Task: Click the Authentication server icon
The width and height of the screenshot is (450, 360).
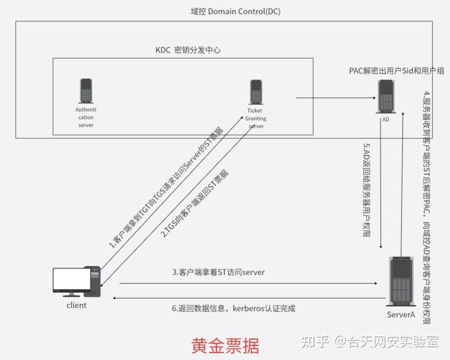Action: coord(86,91)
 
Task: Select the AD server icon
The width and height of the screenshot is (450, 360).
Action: coord(386,97)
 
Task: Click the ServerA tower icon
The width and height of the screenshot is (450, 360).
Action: coord(401,282)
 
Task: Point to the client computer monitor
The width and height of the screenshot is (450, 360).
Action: coord(72,281)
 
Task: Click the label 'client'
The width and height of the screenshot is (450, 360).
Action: coord(77,305)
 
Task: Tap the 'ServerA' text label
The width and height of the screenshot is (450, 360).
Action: coord(401,315)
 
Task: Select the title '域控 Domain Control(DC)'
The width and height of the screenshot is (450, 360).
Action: coord(236,12)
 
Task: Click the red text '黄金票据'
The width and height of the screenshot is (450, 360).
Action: coord(225,345)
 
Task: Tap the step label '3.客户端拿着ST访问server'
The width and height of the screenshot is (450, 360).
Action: coord(218,272)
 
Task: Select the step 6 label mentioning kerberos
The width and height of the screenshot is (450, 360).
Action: coord(233,309)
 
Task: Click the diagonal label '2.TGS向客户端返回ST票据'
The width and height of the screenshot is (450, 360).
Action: coord(195,204)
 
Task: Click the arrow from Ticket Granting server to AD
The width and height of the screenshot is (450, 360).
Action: coord(335,97)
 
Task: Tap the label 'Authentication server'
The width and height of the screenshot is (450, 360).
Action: coord(86,117)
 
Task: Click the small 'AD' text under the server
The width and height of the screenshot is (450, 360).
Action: coord(386,120)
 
